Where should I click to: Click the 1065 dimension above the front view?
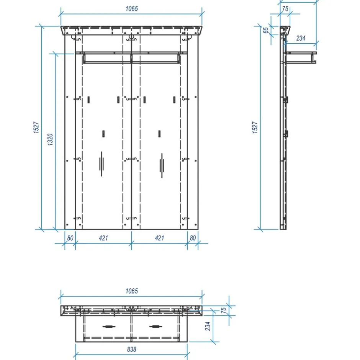pyautogui.click(x=131, y=9)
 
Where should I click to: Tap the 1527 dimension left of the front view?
pyautogui.click(x=36, y=127)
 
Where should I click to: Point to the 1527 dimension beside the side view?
pyautogui.click(x=255, y=127)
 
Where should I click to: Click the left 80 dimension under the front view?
pyautogui.click(x=70, y=238)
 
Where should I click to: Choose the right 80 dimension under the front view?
pyautogui.click(x=193, y=238)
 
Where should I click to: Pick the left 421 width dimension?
pyautogui.click(x=103, y=238)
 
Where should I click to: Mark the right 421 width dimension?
pyautogui.click(x=159, y=238)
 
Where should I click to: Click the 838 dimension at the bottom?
pyautogui.click(x=131, y=349)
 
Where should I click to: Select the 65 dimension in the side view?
pyautogui.click(x=266, y=30)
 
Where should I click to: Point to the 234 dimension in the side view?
pyautogui.click(x=301, y=38)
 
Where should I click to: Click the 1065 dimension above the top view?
pyautogui.click(x=131, y=291)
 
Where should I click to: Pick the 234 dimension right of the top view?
pyautogui.click(x=208, y=326)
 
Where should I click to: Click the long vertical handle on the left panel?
pyautogui.click(x=101, y=164)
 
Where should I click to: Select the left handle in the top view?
pyautogui.click(x=109, y=326)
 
